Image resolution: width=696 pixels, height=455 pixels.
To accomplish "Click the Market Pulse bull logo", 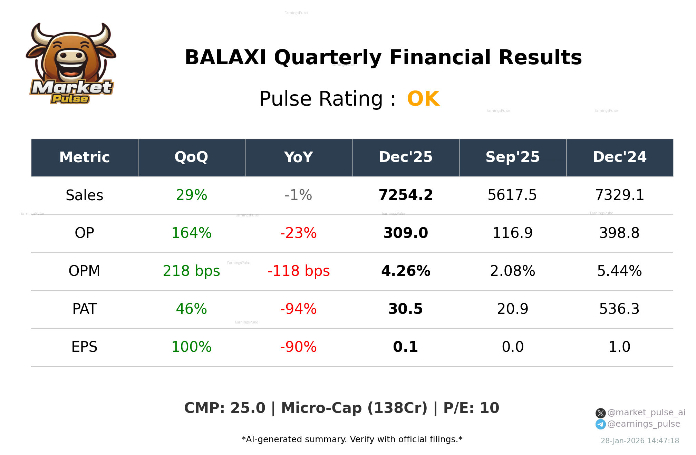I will pyautogui.click(x=71, y=64).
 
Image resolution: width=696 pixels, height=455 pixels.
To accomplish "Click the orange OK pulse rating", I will pyautogui.click(x=423, y=99).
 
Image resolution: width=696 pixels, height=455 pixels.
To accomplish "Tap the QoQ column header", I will pyautogui.click(x=191, y=157).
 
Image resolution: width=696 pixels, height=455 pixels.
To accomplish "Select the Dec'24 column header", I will pyautogui.click(x=619, y=157).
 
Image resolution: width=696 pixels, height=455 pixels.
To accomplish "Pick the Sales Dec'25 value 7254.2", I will pyautogui.click(x=406, y=195).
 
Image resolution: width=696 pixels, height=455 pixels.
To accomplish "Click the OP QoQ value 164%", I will pyautogui.click(x=191, y=233).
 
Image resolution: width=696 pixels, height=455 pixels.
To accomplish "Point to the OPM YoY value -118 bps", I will pyautogui.click(x=298, y=271).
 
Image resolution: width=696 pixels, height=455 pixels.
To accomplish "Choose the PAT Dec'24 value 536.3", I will pyautogui.click(x=619, y=309).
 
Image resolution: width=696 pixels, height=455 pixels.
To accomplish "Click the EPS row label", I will pyautogui.click(x=84, y=347).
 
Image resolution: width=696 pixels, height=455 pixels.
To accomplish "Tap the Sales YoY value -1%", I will pyautogui.click(x=298, y=195).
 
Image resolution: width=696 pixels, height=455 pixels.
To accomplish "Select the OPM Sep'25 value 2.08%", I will pyautogui.click(x=512, y=271).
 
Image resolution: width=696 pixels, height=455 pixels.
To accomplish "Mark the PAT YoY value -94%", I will pyautogui.click(x=298, y=309).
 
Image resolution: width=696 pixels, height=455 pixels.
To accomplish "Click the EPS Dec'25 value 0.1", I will pyautogui.click(x=406, y=347).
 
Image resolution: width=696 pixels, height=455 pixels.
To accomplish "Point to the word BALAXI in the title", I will pyautogui.click(x=225, y=57).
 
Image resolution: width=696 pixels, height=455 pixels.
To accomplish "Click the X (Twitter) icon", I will pyautogui.click(x=600, y=413).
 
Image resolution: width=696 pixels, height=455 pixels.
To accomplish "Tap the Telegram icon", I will pyautogui.click(x=600, y=424).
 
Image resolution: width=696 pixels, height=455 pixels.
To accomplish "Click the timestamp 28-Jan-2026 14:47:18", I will pyautogui.click(x=640, y=441).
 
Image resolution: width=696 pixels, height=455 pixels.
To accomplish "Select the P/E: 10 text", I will pyautogui.click(x=471, y=408).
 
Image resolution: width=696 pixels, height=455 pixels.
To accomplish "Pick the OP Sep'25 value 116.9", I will pyautogui.click(x=512, y=233).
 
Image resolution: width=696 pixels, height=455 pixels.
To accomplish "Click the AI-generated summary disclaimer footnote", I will pyautogui.click(x=352, y=439).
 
